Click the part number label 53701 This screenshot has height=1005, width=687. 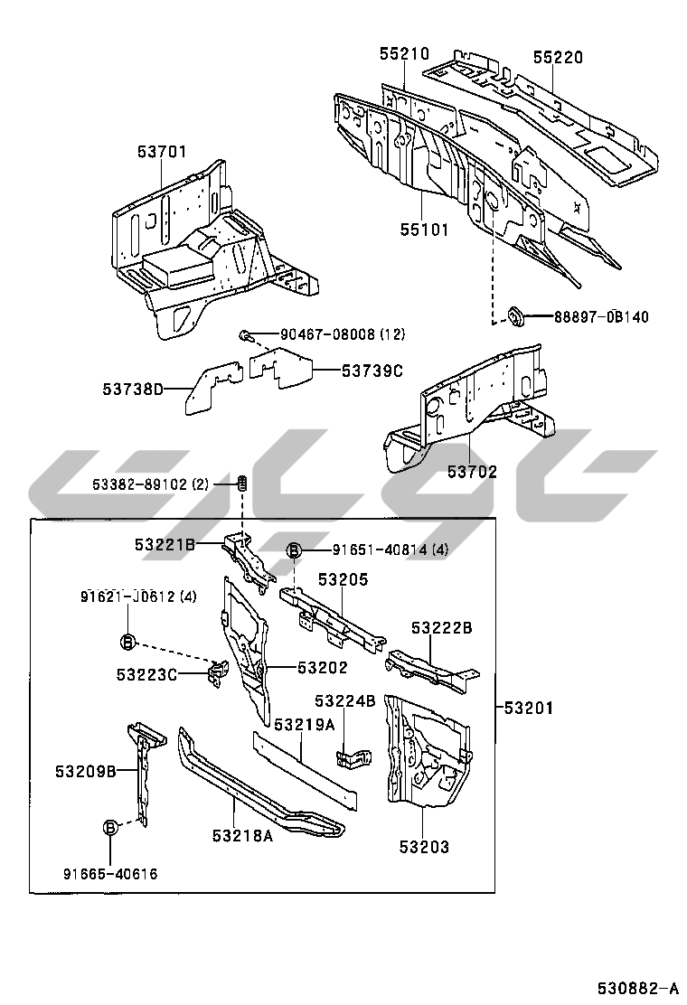[x=162, y=152]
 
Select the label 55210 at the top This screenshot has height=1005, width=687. [x=404, y=55]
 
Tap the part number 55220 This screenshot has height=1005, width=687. [x=557, y=58]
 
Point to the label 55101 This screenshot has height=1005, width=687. [x=425, y=230]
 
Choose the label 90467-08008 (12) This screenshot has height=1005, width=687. [x=342, y=335]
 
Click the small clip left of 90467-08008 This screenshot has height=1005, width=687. [x=245, y=336]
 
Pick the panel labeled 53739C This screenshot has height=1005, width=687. [x=281, y=367]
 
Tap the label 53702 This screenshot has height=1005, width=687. [x=472, y=471]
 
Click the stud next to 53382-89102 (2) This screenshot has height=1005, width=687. [x=242, y=484]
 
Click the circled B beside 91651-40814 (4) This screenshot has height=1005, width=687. [x=294, y=549]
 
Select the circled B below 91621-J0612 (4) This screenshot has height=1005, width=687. [x=127, y=641]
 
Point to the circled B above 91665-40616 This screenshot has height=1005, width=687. [x=110, y=827]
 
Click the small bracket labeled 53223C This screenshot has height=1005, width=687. [x=217, y=673]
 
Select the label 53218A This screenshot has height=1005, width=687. [x=242, y=837]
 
